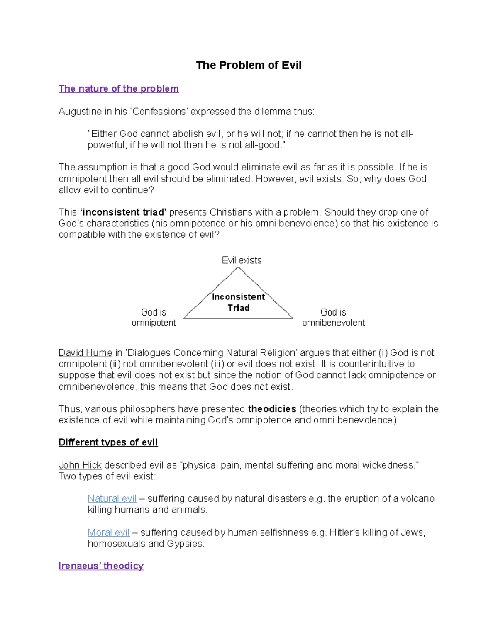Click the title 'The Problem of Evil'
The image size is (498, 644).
249,66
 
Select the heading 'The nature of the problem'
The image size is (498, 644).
118,89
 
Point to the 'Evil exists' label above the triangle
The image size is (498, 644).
242,260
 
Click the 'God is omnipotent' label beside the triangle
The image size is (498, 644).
154,317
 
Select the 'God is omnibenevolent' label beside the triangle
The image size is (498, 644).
333,317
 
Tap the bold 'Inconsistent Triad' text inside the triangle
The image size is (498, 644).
238,302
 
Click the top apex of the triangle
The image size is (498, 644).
238,267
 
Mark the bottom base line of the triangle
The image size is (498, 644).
238,318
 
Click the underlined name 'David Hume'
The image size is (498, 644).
85,353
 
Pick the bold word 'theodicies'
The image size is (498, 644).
272,409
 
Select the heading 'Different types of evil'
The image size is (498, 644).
108,442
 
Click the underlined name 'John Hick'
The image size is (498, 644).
80,465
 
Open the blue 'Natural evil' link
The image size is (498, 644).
112,498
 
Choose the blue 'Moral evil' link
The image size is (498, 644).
109,532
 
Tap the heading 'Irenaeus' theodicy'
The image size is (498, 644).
101,566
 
